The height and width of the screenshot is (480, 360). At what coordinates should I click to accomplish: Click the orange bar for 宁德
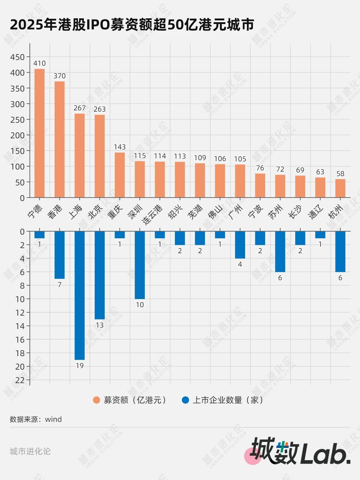click(40, 133)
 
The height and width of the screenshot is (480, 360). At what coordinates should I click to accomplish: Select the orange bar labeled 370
click(59, 139)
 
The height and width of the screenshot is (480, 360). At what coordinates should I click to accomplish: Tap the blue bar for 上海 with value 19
click(79, 295)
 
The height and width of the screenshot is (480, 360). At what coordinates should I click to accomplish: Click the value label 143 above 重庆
click(120, 147)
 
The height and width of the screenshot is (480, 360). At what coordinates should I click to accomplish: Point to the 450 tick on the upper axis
click(17, 57)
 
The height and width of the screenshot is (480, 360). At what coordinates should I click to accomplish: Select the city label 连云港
click(152, 215)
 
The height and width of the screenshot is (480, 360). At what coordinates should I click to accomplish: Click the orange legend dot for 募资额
click(96, 400)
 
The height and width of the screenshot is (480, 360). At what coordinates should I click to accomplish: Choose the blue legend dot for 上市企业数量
click(185, 400)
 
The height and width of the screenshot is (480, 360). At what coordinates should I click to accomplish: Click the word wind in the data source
click(53, 419)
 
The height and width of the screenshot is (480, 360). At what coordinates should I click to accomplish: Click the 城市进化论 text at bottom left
click(30, 451)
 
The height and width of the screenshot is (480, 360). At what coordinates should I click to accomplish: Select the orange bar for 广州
click(240, 181)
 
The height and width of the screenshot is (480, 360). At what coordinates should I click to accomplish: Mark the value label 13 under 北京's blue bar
click(100, 325)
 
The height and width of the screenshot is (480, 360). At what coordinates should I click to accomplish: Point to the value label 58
click(340, 174)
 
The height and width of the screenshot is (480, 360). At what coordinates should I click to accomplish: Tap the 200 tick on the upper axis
click(17, 135)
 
